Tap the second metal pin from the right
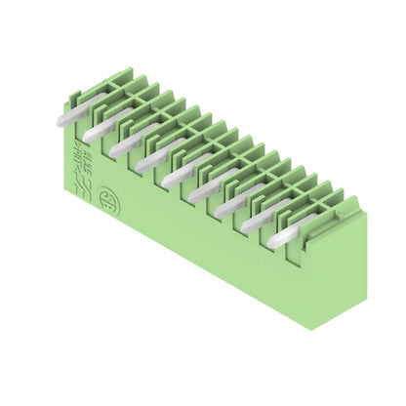(256, 221)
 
